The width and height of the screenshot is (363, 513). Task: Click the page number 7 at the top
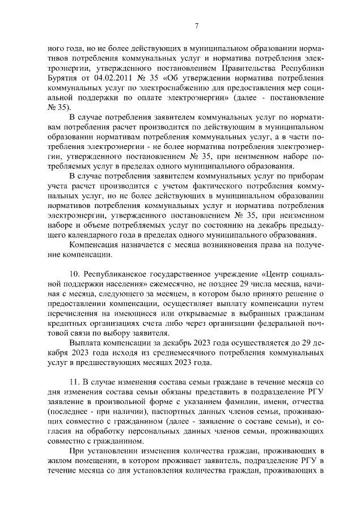196,26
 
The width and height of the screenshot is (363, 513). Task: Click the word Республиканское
119,274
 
